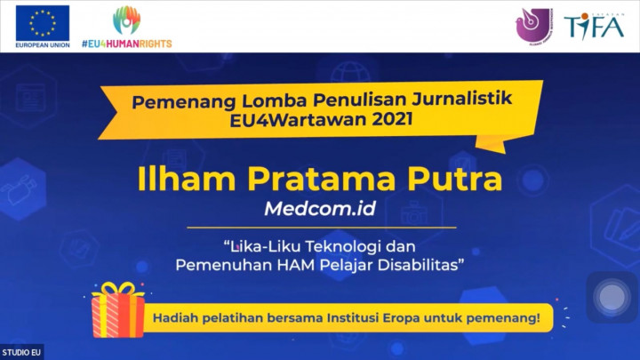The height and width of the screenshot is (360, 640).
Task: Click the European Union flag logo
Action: pos(42,22)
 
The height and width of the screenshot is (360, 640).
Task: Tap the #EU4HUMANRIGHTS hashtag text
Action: pos(126,43)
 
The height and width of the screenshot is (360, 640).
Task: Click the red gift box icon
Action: pos(118,309)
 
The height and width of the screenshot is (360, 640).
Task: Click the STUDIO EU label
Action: pos(21,352)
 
